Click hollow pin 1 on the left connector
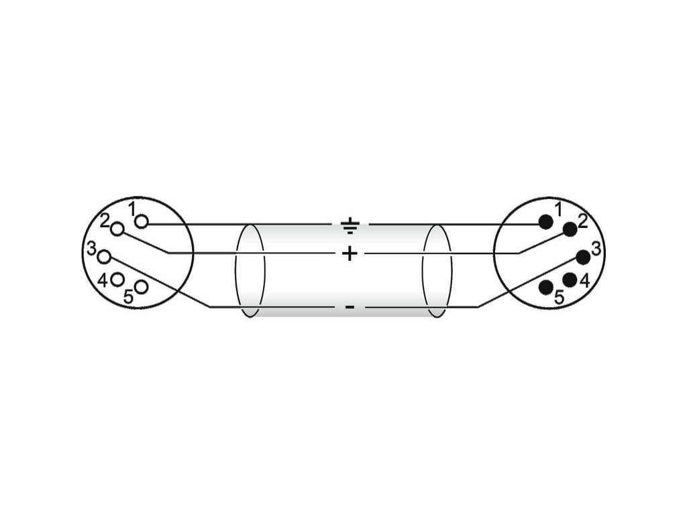[142, 223]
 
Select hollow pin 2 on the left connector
[118, 229]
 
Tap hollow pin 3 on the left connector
[104, 256]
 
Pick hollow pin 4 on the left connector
[117, 279]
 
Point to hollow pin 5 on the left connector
[141, 287]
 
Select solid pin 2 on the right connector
[570, 229]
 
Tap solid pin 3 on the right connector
[583, 256]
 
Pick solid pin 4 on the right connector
[570, 280]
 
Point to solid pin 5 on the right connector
[546, 287]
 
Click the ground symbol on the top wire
[350, 226]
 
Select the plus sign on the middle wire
[350, 253]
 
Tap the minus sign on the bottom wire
[350, 307]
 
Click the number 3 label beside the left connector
[91, 249]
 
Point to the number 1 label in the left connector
[132, 209]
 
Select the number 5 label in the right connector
[559, 298]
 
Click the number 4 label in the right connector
[584, 281]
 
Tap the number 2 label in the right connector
[582, 221]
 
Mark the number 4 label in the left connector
[103, 280]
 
